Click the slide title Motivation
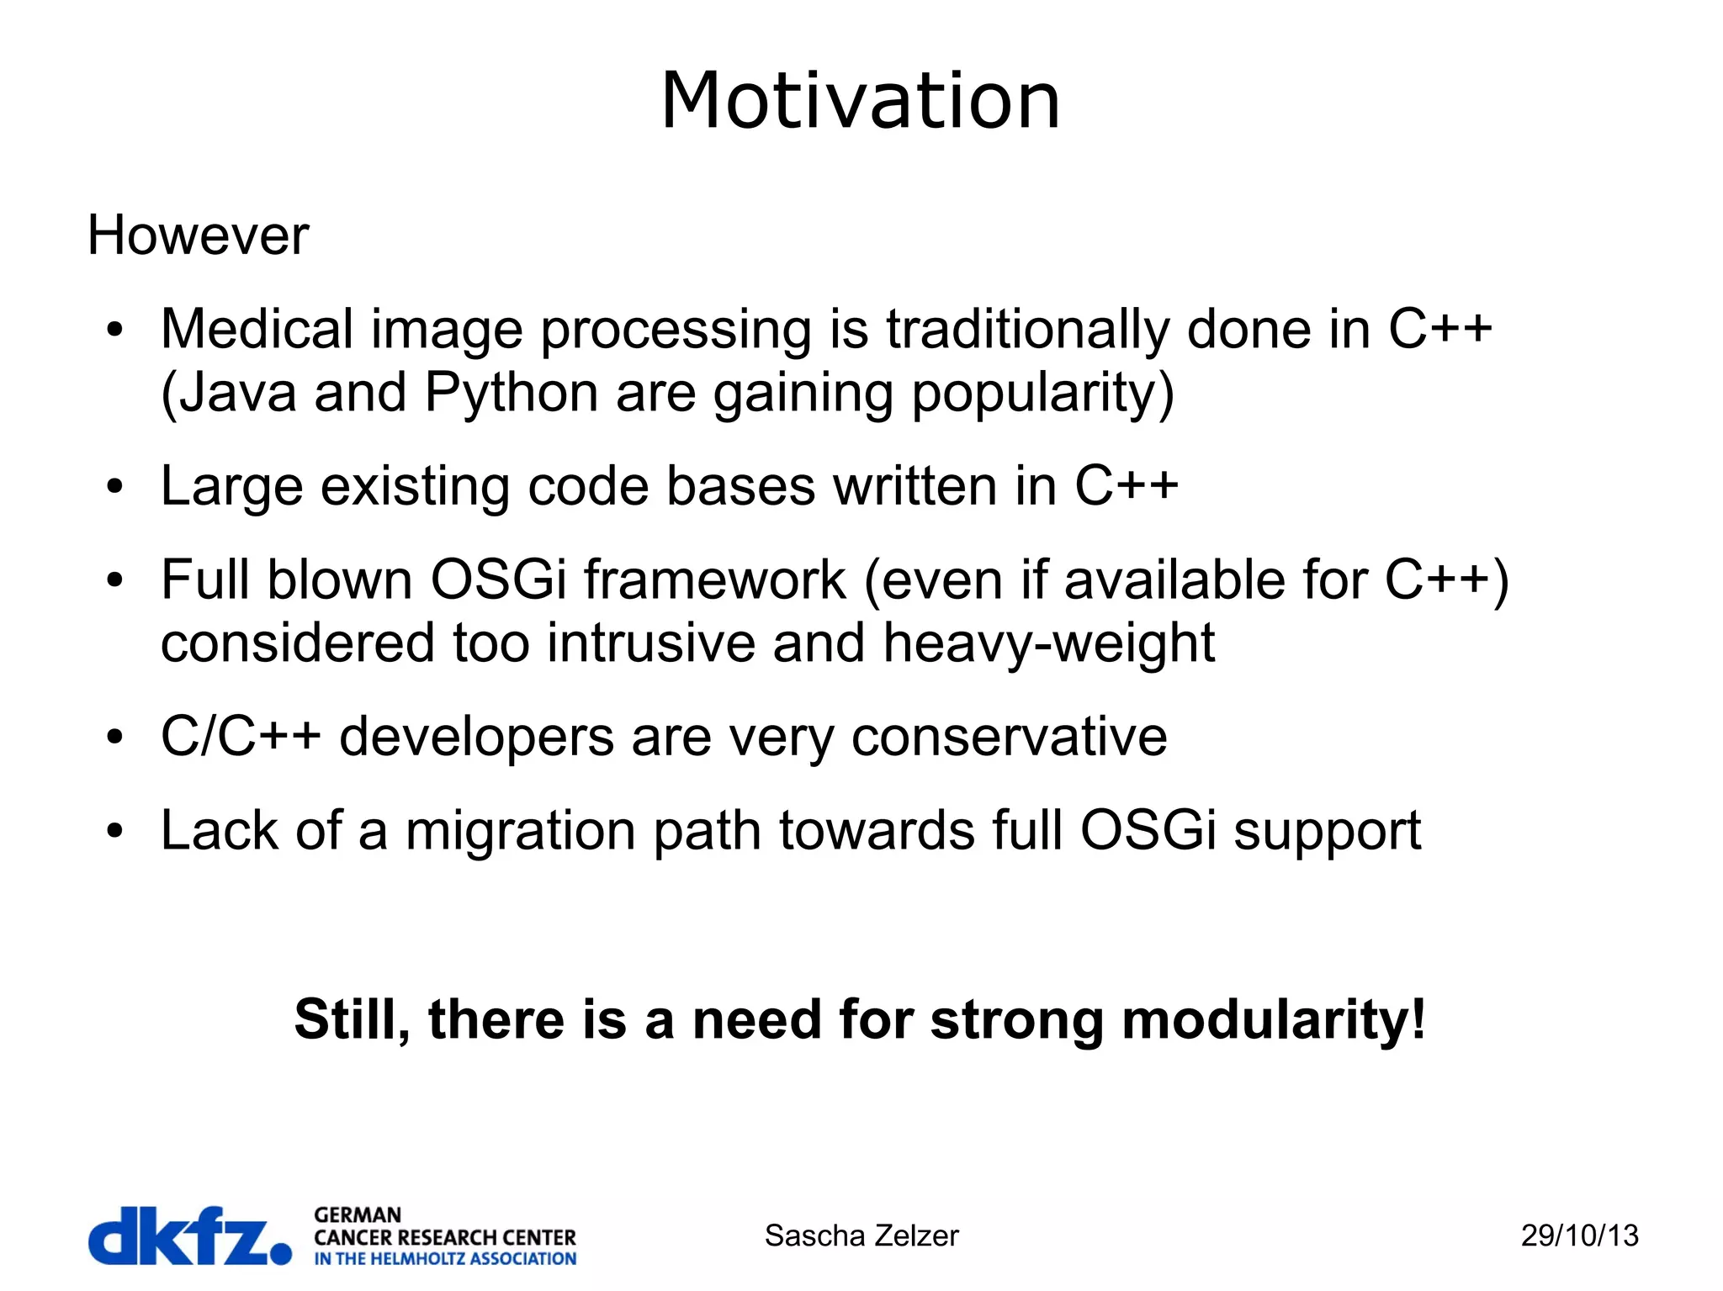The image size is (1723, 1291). [860, 101]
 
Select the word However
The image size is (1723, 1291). [198, 235]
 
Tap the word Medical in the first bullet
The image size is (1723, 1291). [257, 329]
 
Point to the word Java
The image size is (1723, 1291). [237, 393]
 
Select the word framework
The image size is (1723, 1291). [714, 580]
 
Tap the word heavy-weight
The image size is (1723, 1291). [1048, 643]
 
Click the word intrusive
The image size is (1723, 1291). [650, 643]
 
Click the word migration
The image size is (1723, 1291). [521, 831]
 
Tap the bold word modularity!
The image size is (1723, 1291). [1274, 1019]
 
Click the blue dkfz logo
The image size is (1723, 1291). [189, 1235]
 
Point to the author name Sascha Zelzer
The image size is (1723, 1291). [861, 1235]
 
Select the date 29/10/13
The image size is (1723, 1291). [1579, 1235]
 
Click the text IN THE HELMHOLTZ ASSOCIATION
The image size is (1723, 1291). [445, 1259]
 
